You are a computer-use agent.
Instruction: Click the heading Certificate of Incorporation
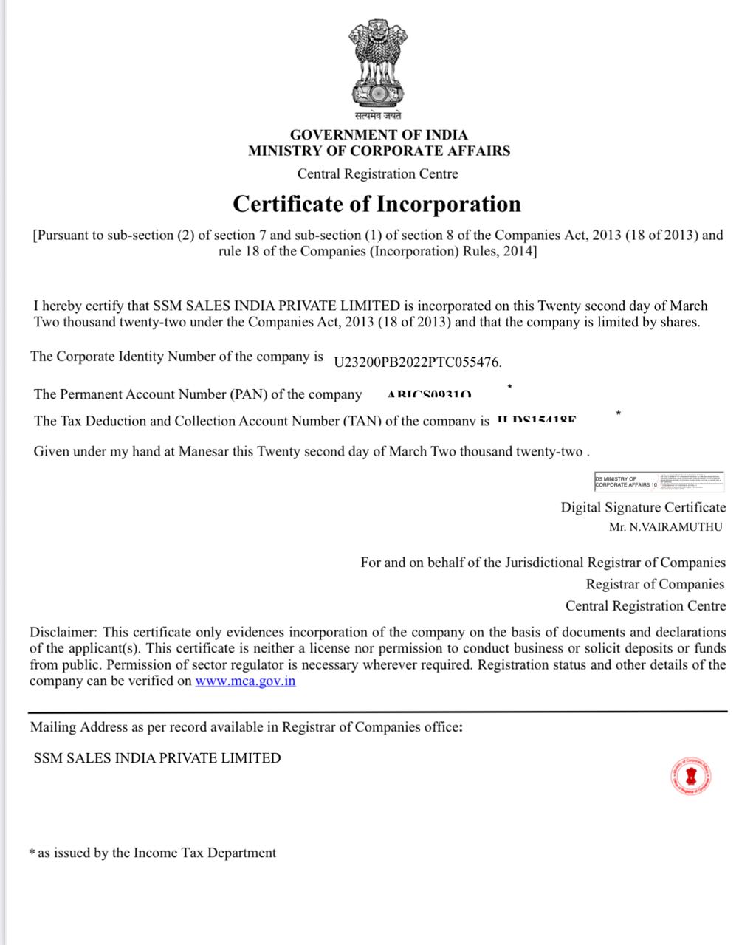[x=377, y=204]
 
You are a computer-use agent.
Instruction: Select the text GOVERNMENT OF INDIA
[x=379, y=134]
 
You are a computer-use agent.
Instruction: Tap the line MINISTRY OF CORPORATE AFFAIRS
[x=379, y=151]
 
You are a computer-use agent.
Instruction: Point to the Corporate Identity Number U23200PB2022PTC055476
[x=418, y=362]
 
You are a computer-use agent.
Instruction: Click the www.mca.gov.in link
[x=245, y=681]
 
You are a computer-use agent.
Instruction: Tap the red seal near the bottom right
[x=691, y=776]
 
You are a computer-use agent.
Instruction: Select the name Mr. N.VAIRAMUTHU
[x=665, y=527]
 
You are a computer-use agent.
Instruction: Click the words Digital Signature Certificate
[x=643, y=507]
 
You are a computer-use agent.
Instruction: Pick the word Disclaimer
[x=63, y=632]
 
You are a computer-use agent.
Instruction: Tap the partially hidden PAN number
[x=429, y=395]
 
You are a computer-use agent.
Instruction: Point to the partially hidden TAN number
[x=536, y=419]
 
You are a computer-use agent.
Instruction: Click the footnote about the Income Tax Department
[x=153, y=853]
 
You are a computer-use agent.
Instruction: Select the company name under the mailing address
[x=157, y=757]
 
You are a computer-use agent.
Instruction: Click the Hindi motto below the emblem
[x=377, y=116]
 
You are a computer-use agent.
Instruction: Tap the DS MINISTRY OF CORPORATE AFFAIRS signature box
[x=659, y=481]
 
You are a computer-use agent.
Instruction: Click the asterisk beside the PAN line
[x=509, y=387]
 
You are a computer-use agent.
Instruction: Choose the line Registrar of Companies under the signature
[x=655, y=584]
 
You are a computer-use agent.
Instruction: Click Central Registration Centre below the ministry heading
[x=377, y=174]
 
